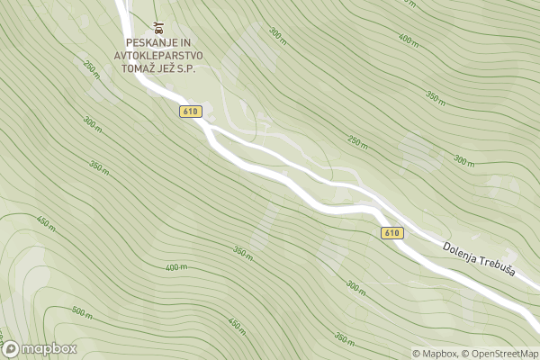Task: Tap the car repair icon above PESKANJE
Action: [158, 28]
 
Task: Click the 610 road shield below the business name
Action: [189, 112]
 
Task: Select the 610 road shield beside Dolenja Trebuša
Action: [391, 233]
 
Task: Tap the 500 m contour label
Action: [82, 312]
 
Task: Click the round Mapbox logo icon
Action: [11, 349]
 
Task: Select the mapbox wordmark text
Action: [49, 349]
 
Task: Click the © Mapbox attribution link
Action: [435, 354]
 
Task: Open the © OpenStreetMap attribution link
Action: [501, 354]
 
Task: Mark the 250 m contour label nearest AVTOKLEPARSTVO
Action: [91, 67]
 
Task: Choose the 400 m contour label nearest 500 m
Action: [176, 267]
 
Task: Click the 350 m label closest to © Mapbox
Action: [344, 338]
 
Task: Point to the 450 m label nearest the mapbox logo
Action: [45, 220]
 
